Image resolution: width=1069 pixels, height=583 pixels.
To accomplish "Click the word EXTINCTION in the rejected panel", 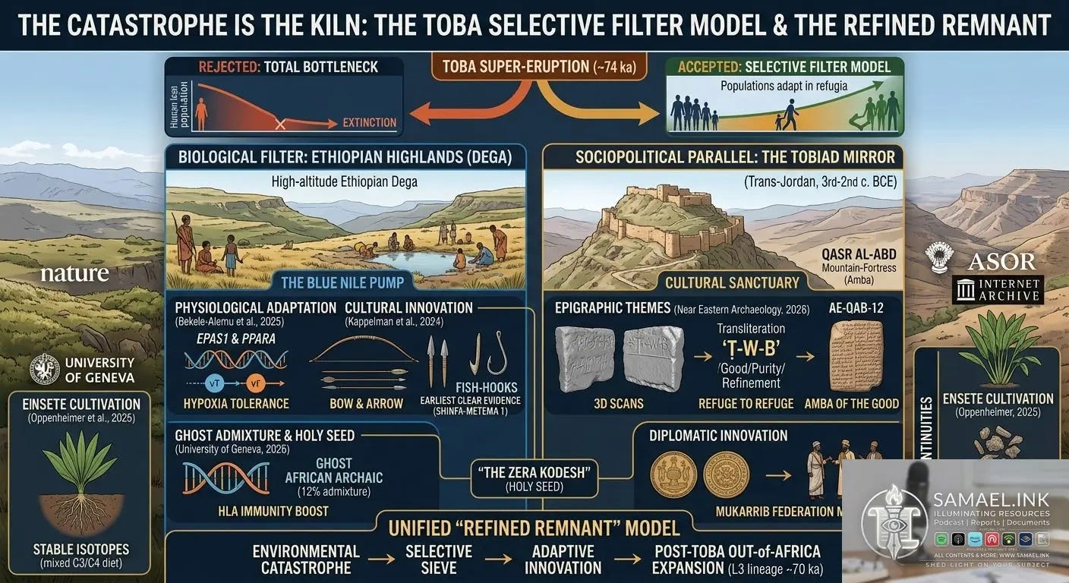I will pos(369,122).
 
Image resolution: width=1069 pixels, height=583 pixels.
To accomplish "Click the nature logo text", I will pos(74,274).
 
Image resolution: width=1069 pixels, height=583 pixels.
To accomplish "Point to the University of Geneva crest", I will pos(44,369).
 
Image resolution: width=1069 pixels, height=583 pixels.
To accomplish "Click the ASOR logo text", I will pos(1001,262).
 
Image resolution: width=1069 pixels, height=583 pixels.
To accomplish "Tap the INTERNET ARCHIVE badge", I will pos(997,290).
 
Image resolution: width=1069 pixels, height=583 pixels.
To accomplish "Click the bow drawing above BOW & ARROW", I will pos(363,351).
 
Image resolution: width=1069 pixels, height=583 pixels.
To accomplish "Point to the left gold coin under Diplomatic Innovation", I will pos(673,474).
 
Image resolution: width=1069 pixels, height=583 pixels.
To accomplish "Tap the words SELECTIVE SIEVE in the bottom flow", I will pos(438,559).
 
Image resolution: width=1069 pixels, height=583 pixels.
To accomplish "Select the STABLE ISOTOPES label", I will pos(80,549).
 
